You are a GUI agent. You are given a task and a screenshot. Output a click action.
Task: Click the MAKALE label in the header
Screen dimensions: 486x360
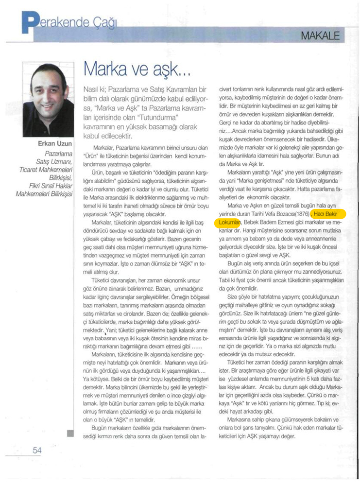[x=320, y=35]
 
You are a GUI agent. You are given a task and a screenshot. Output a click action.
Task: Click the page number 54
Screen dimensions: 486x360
[x=37, y=451]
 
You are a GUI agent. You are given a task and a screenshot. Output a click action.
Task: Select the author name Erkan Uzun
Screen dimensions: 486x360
[x=56, y=144]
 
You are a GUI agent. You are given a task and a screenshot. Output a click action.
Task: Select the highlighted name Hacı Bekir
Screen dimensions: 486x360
[x=330, y=214]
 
